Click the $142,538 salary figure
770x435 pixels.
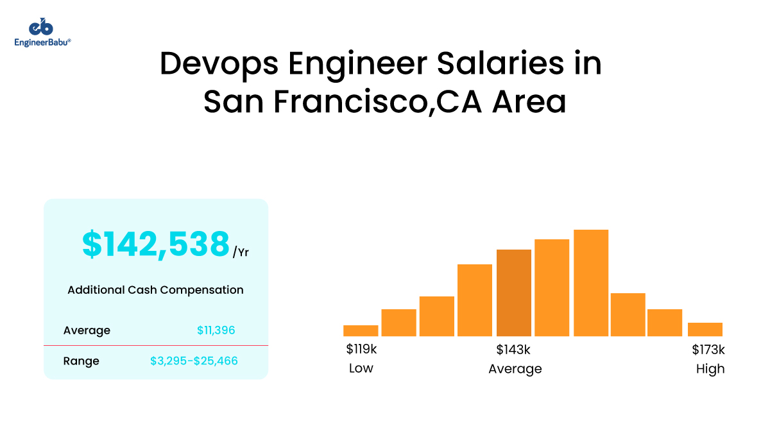(x=155, y=244)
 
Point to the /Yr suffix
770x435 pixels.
(x=241, y=252)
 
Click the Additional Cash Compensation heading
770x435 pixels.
(x=155, y=290)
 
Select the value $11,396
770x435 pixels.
(x=216, y=330)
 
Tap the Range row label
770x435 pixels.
(x=81, y=361)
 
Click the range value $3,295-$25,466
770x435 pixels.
(x=194, y=361)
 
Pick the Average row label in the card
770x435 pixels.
(x=87, y=330)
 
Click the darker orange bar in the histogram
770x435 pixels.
(x=513, y=293)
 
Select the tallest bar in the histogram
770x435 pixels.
(x=590, y=282)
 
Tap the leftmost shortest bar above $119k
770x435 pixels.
(x=361, y=330)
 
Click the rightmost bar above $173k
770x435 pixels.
(x=705, y=329)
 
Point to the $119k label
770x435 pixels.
(x=361, y=350)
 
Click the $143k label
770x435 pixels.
(x=513, y=350)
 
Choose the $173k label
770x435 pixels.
(x=708, y=350)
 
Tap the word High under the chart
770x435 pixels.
(x=710, y=369)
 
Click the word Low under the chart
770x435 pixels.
(x=361, y=369)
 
